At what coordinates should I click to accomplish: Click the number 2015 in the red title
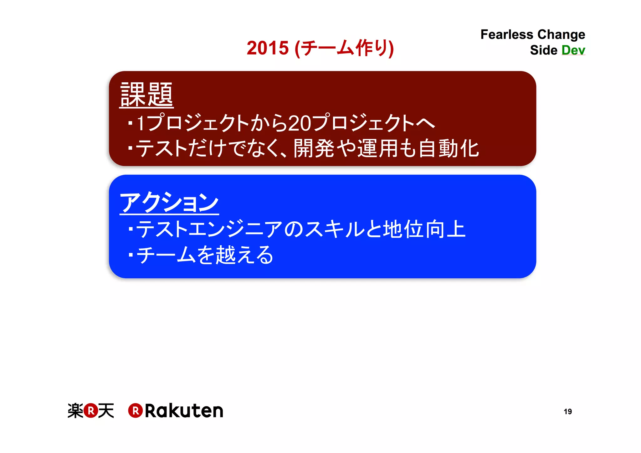(268, 48)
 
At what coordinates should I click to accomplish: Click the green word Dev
(573, 50)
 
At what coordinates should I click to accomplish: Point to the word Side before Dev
(543, 50)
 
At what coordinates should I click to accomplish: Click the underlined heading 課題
(146, 95)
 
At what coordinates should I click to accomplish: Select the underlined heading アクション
(169, 203)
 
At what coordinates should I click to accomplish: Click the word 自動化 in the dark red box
(449, 148)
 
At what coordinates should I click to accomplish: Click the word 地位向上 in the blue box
(424, 229)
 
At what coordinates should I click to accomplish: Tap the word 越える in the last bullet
(244, 255)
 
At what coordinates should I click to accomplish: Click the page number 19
(567, 411)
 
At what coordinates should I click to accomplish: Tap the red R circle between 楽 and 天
(91, 410)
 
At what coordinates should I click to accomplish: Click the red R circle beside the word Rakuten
(136, 410)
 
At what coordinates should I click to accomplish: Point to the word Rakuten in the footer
(184, 410)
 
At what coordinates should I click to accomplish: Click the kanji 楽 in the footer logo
(75, 410)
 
